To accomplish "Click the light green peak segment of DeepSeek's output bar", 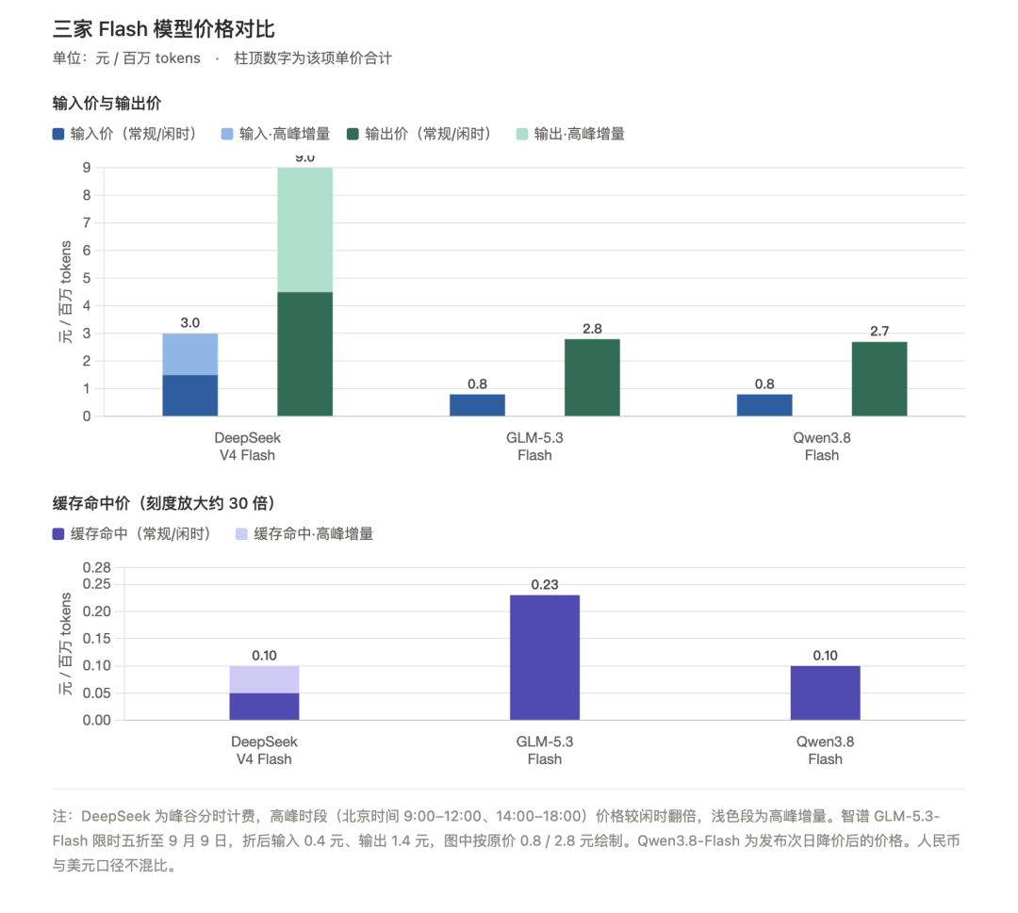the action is [x=305, y=230].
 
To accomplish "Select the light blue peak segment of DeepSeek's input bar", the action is [x=190, y=354].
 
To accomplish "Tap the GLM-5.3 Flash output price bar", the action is [x=592, y=378].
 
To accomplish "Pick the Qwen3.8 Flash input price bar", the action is [x=764, y=405].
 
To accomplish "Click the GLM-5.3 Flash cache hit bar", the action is [x=545, y=658].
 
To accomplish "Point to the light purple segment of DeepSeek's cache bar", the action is [x=264, y=679].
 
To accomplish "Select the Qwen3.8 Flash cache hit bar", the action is [x=825, y=693].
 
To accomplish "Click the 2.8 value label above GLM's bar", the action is [x=592, y=329].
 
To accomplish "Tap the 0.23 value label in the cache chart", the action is [x=545, y=585].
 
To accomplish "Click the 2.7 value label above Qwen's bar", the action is [x=879, y=332].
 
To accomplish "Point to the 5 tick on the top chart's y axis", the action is [x=87, y=278].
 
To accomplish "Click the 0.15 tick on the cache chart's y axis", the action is [x=97, y=639].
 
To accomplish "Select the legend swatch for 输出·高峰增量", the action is [x=522, y=135].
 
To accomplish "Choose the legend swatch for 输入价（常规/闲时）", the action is [x=58, y=135].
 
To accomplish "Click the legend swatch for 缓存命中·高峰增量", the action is [x=241, y=534].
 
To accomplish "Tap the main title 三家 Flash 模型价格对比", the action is [x=164, y=29].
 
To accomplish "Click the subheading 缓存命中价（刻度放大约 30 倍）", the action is [x=164, y=503].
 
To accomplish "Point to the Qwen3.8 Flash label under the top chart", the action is [x=822, y=447].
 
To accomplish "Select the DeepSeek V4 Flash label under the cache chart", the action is [x=264, y=750].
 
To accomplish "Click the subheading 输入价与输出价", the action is [x=107, y=104].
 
